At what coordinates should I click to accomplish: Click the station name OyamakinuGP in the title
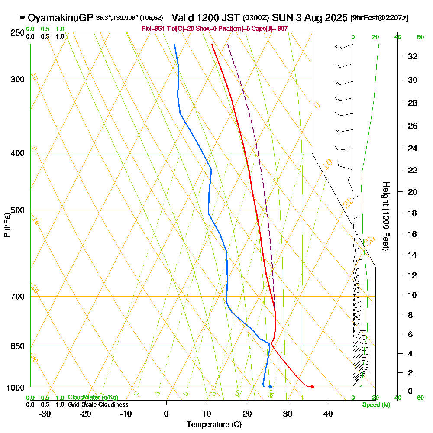point(60,18)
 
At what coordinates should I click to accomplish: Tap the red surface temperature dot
point(312,387)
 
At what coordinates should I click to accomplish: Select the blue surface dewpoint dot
point(270,387)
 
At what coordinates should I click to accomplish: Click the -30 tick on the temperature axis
point(45,414)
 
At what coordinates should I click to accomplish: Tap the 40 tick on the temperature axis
point(328,414)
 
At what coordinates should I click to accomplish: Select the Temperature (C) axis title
point(214,425)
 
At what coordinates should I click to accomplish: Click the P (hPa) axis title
point(6,225)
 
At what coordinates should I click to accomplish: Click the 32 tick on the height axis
point(413,56)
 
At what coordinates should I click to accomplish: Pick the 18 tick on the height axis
point(413,213)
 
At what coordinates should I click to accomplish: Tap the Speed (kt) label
point(376,405)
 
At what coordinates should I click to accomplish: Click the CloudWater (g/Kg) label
point(93,397)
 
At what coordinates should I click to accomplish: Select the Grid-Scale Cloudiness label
point(97,404)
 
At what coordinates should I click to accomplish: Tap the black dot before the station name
point(22,18)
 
